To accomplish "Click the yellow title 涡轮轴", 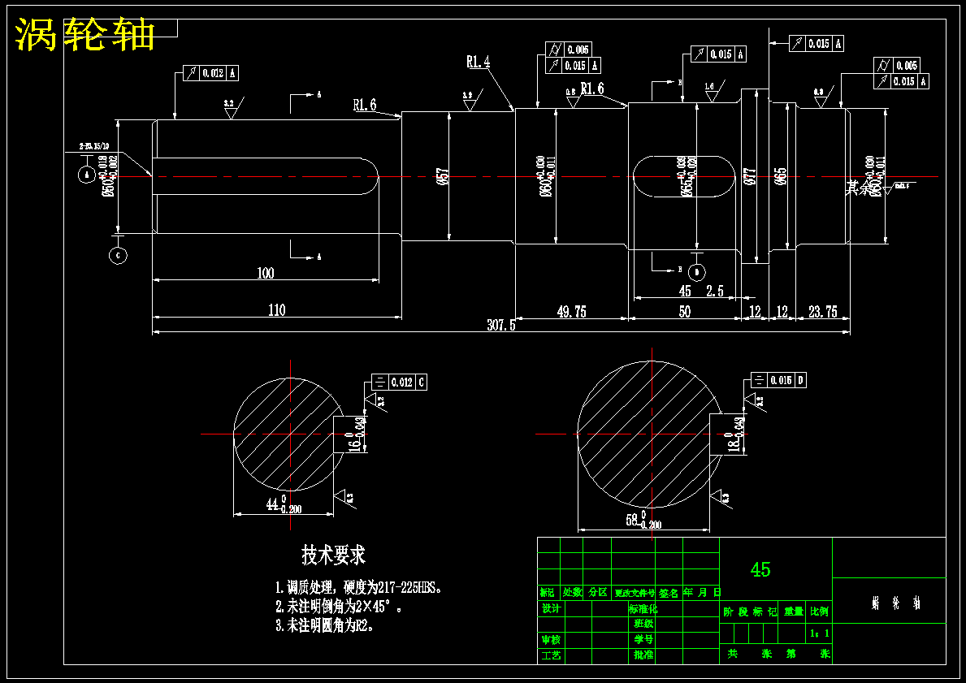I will [85, 35].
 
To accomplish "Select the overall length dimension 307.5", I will [501, 325].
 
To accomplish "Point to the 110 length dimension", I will [276, 309].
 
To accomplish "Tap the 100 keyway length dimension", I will [265, 273].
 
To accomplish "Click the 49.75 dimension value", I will [571, 311].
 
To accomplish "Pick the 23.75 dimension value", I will [823, 311].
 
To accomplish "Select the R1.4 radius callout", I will [478, 61].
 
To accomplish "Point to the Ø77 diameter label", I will [751, 176].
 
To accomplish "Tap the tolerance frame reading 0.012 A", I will [211, 73].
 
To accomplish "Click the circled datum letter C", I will [118, 255].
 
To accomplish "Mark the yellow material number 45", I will [760, 569].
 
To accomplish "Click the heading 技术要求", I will [333, 555].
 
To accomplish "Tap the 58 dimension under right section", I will [633, 520].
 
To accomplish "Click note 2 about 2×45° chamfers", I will [339, 607].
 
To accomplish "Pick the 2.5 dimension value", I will [715, 291].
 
